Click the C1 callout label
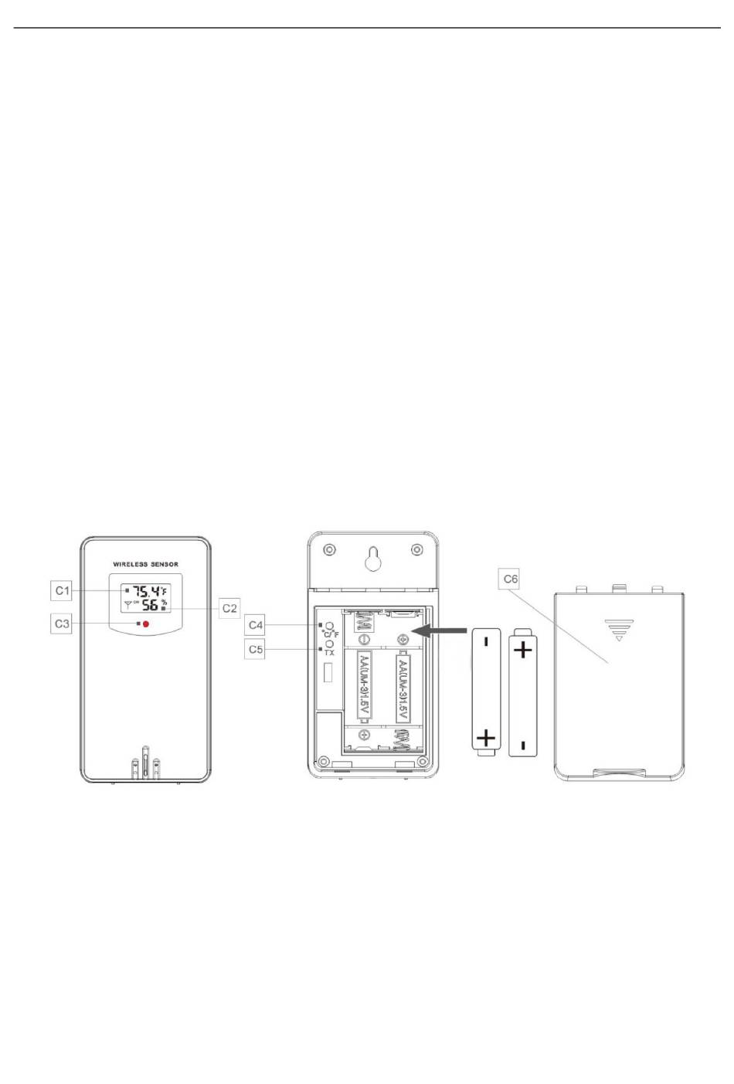point(61,590)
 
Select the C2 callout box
point(229,608)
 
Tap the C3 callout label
point(61,624)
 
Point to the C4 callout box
point(254,625)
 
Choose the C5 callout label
point(254,649)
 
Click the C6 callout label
point(509,579)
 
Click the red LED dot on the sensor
point(145,624)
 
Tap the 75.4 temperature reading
point(147,591)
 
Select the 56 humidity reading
point(150,604)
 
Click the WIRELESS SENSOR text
point(145,564)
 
